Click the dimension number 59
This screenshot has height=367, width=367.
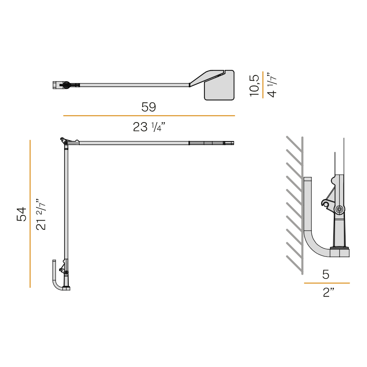(149, 107)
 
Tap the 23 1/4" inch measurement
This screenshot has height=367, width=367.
(149, 127)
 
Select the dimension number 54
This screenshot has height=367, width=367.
(22, 214)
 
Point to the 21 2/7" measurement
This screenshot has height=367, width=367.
(41, 214)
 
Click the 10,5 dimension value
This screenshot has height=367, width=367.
(255, 85)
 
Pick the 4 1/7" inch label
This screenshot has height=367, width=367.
(272, 85)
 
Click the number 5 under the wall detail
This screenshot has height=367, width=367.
(326, 274)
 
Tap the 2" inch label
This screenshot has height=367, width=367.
(328, 292)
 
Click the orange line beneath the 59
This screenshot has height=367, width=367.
(149, 116)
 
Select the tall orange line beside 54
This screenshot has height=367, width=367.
(30, 214)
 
